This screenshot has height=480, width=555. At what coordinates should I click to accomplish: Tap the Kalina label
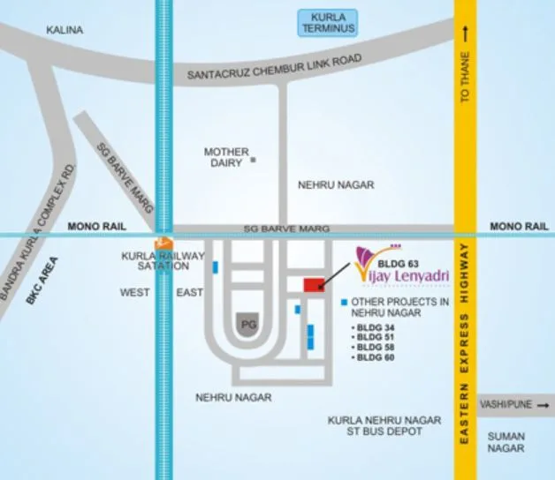[65, 30]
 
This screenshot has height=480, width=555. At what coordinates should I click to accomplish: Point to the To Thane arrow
[466, 34]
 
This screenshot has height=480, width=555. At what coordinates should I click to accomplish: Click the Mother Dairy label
[226, 157]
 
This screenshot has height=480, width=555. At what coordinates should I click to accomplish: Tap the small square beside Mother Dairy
[253, 161]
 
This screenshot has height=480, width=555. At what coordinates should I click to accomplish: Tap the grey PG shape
[248, 326]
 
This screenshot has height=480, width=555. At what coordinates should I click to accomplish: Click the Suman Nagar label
[506, 442]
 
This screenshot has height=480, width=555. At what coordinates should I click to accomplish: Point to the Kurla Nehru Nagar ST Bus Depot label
[374, 425]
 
